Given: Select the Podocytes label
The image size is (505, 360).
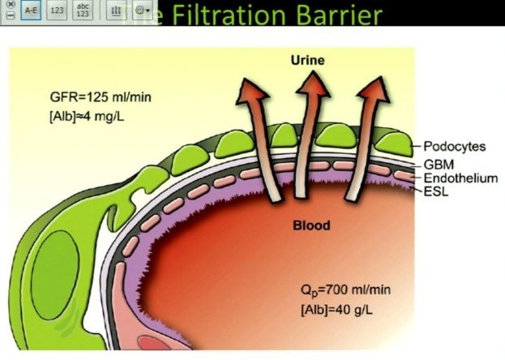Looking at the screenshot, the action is coord(454,147).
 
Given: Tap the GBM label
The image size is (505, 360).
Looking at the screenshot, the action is coord(438,164).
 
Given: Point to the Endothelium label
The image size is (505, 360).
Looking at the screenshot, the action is coord(460,178).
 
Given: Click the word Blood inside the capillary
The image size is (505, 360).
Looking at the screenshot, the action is coord(312,225).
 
